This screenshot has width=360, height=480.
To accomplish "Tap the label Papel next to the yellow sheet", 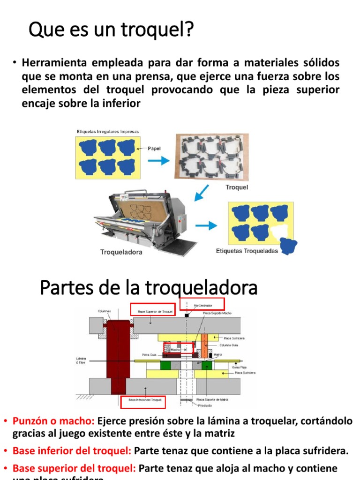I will tap(154, 149).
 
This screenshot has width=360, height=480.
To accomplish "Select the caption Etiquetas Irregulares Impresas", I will tap(108, 132).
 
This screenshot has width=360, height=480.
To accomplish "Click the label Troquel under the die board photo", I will tap(237, 187).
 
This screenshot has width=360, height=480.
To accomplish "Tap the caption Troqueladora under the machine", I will tap(121, 252).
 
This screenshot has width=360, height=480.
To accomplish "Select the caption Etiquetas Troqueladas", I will tap(247, 251).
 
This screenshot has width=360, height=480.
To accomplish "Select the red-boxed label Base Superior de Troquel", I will tap(153, 310).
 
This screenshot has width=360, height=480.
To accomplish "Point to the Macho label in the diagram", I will tap(175, 349).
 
